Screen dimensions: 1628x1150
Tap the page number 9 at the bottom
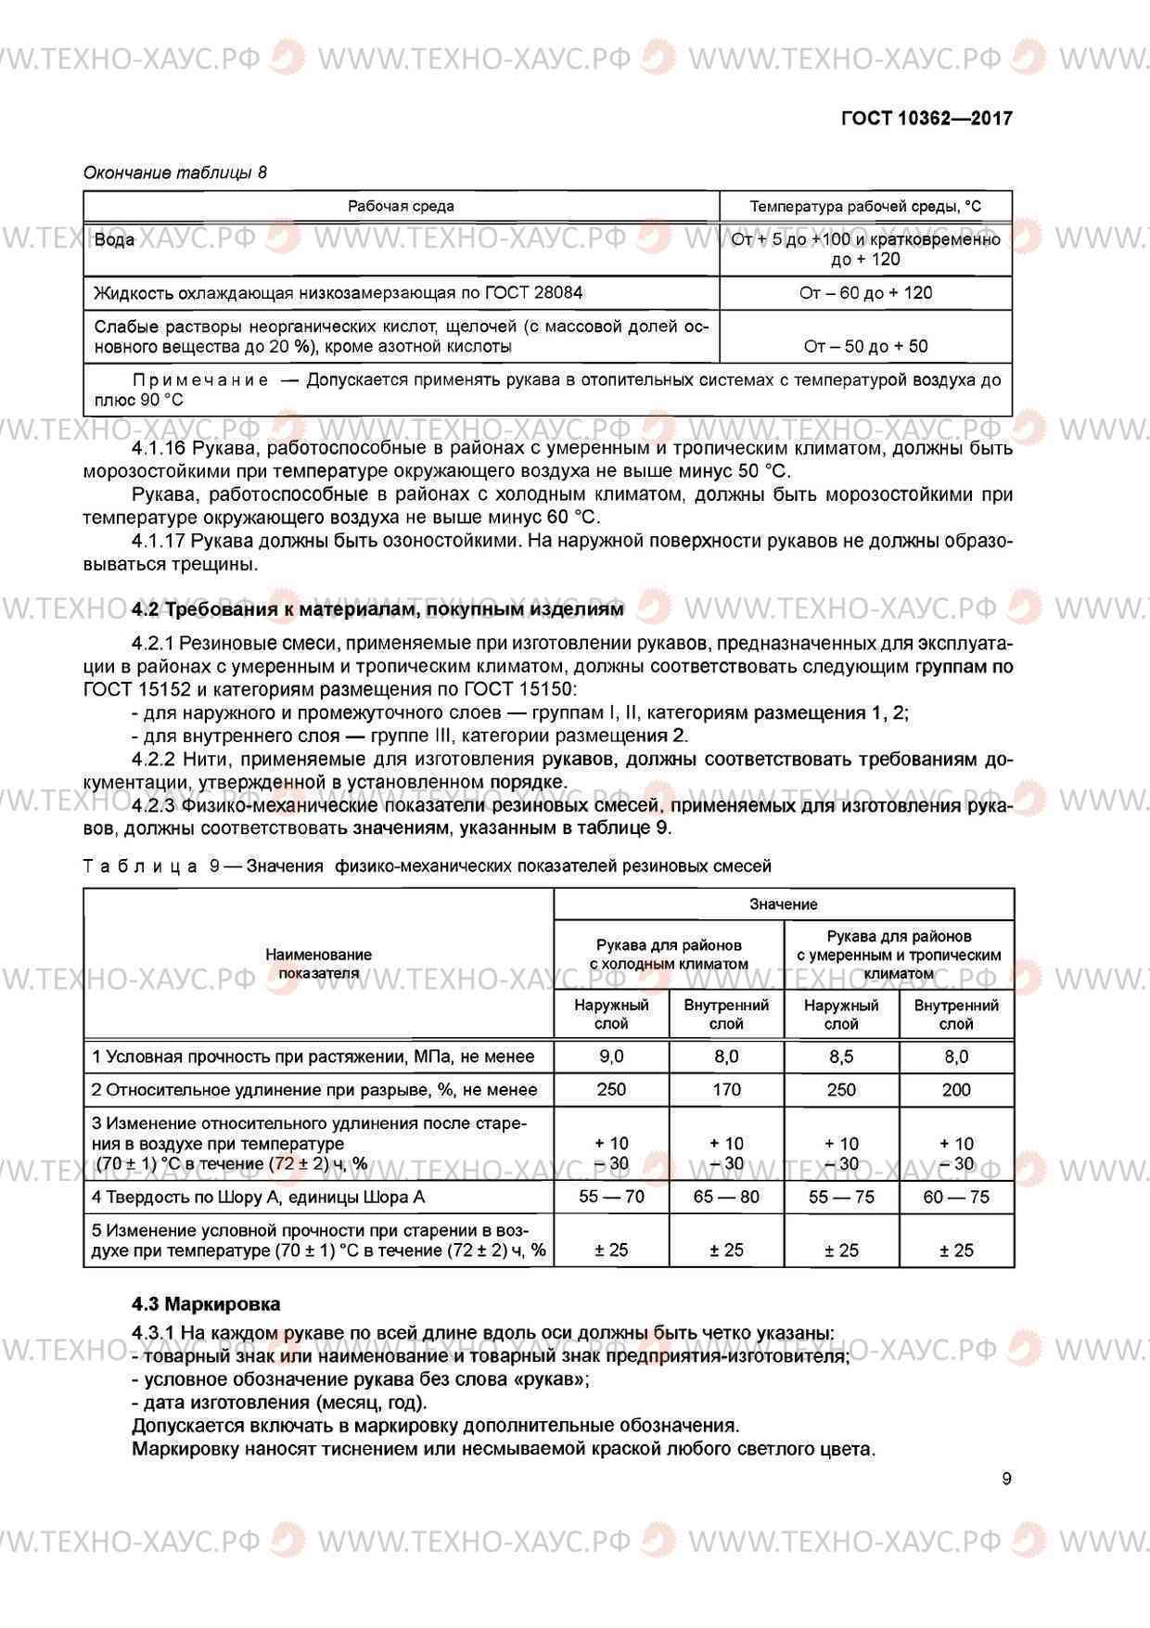click(x=1006, y=1479)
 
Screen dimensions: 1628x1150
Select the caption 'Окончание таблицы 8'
click(x=175, y=173)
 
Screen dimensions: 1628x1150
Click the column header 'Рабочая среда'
click(x=401, y=206)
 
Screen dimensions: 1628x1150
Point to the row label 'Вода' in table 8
click(x=115, y=240)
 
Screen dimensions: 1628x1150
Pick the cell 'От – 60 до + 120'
click(x=865, y=293)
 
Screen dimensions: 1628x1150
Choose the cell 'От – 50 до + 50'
click(x=865, y=346)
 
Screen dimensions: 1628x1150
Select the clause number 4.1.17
click(x=159, y=541)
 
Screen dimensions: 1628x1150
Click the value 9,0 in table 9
click(x=611, y=1057)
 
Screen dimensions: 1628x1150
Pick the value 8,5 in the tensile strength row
click(x=841, y=1057)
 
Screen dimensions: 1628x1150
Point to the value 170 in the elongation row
click(x=726, y=1090)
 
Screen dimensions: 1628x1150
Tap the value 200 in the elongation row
click(x=956, y=1090)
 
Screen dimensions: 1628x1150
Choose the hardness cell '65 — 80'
click(x=726, y=1197)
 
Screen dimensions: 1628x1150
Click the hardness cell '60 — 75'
click(x=956, y=1197)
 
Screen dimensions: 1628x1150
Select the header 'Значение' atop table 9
click(x=784, y=904)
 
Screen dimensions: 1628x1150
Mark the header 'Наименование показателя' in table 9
click(x=318, y=963)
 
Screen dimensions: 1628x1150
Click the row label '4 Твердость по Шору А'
click(x=258, y=1198)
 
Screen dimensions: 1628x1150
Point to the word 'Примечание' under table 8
click(x=201, y=380)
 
